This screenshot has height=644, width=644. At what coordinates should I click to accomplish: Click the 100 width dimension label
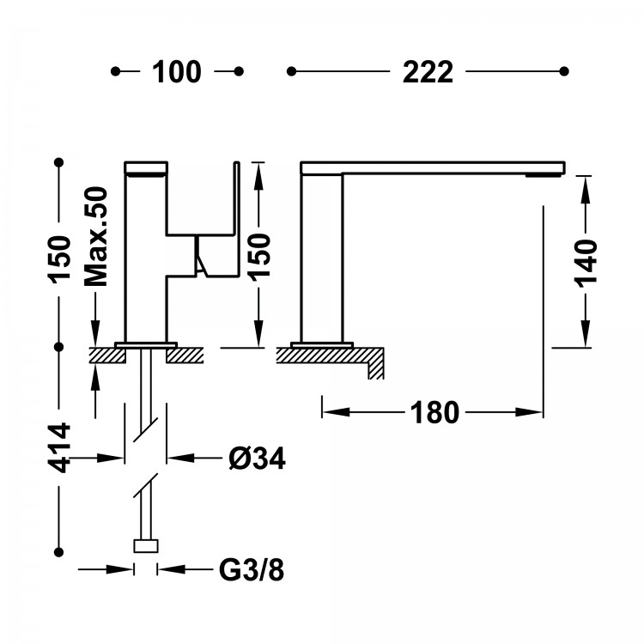(x=177, y=72)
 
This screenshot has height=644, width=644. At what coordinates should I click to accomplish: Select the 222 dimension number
(x=428, y=72)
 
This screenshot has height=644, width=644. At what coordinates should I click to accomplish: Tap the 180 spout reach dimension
(x=434, y=412)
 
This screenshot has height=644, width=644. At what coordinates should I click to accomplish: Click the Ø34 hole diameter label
(x=257, y=458)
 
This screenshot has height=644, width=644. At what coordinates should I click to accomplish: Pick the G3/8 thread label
(x=252, y=569)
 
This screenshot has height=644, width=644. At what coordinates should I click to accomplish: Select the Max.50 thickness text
(x=95, y=236)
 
